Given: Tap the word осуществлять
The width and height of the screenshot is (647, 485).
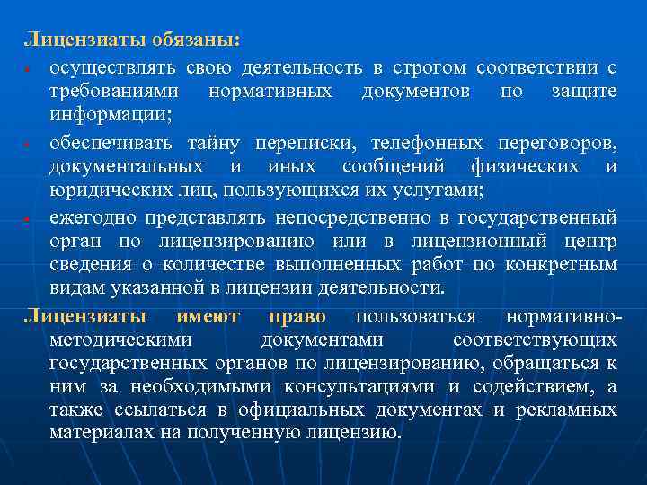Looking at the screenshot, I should coord(113,67).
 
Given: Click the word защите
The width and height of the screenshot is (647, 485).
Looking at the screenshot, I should coord(587,92).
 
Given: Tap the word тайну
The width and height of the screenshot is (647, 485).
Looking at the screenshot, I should coord(215,143).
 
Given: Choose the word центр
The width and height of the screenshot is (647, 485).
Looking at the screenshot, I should coord(590,241).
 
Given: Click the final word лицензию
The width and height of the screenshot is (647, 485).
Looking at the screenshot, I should coord(359,432).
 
